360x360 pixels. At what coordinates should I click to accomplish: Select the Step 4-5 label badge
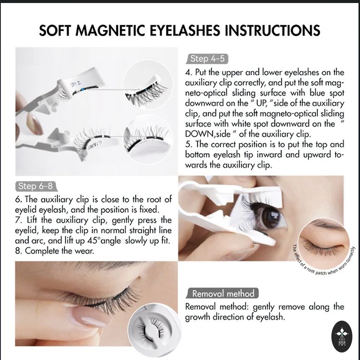(207, 59)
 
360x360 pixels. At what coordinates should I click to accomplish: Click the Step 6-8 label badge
(36, 186)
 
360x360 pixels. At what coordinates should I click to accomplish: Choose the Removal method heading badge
(223, 293)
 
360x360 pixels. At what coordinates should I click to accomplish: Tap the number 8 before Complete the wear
(18, 251)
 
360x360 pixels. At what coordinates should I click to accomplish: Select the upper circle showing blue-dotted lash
(147, 87)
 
